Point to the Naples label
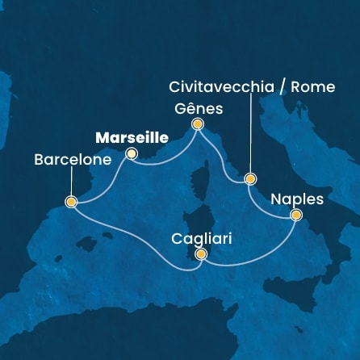click(297, 198)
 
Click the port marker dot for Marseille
click(132, 153)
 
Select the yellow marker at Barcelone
click(71, 202)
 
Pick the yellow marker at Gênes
click(196, 124)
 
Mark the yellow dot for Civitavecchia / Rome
click(250, 179)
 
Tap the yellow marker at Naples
click(296, 215)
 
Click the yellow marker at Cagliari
click(201, 255)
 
